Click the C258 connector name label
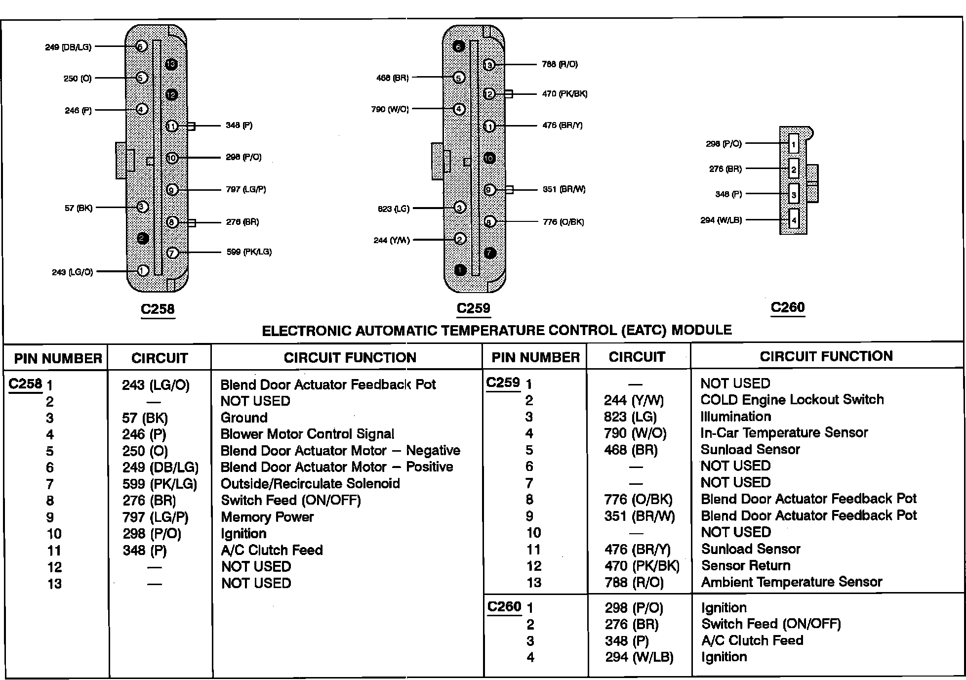tap(158, 309)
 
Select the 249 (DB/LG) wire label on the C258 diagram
tap(68, 47)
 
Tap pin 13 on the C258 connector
tap(171, 64)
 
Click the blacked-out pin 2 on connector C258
tap(143, 239)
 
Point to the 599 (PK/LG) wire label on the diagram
tap(249, 252)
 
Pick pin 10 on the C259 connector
tap(489, 158)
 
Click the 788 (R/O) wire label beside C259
tap(560, 64)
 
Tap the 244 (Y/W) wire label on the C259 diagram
tap(392, 241)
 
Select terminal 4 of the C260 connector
tap(794, 219)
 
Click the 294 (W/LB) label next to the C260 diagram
tap(721, 220)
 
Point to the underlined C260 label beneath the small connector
tap(788, 307)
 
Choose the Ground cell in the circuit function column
tap(244, 418)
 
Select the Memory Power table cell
tap(267, 517)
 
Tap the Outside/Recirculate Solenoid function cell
tap(310, 483)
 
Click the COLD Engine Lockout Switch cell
tap(792, 399)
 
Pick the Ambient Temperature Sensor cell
tap(792, 582)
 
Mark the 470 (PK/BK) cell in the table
tap(642, 566)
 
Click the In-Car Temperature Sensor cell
tap(784, 433)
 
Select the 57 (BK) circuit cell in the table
tap(145, 418)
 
